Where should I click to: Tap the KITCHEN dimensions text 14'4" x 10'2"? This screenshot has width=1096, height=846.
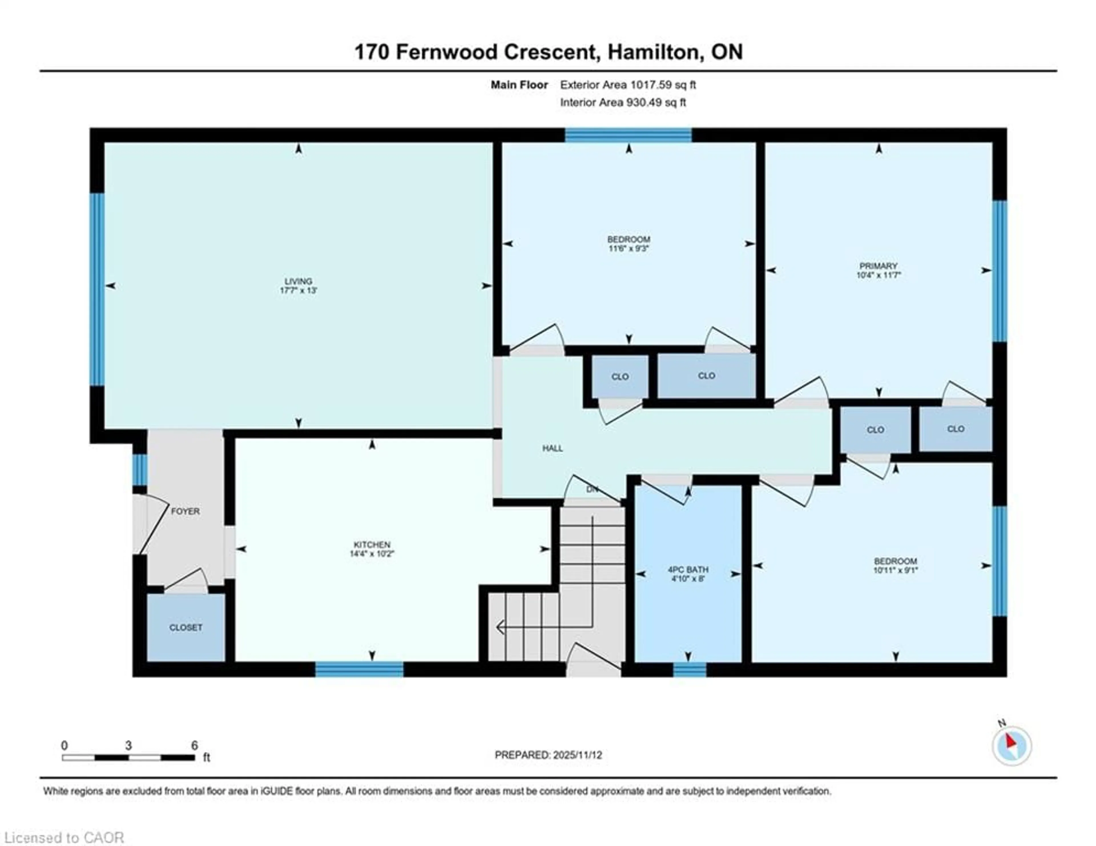[x=372, y=554]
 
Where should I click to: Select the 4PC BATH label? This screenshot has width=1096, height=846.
[x=688, y=569]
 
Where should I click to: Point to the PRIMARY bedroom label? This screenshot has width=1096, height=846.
[x=878, y=266]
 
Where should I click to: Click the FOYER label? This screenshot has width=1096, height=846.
[x=185, y=511]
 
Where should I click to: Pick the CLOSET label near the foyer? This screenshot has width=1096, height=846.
[x=186, y=628]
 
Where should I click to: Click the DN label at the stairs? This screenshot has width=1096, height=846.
[x=592, y=489]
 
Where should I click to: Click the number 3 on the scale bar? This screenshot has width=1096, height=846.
[x=128, y=746]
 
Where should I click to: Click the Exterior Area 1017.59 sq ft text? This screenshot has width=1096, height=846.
[x=628, y=85]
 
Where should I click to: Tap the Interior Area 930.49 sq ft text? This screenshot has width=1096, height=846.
[x=623, y=102]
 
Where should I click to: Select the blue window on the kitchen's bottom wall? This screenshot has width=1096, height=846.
[x=359, y=669]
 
